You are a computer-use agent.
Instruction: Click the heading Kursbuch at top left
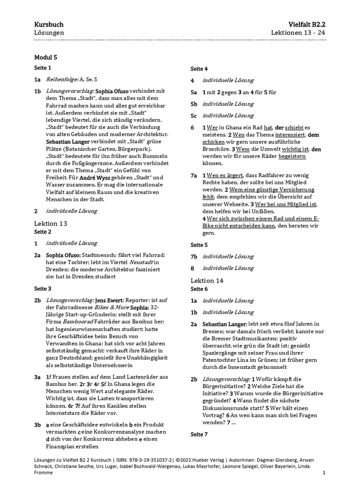49,24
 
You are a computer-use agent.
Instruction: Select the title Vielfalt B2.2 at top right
307,24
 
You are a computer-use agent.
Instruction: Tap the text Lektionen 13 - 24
298,33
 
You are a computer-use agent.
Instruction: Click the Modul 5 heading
45,58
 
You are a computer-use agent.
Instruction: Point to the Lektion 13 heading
51,223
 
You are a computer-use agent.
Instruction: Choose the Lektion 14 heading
207,280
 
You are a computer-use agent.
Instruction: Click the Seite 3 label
43,289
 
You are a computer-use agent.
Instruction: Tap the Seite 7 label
199,435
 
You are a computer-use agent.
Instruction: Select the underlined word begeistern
292,156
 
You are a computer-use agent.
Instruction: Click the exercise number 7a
194,175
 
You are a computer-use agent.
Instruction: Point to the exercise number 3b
38,425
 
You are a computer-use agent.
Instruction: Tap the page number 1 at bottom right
324,473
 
